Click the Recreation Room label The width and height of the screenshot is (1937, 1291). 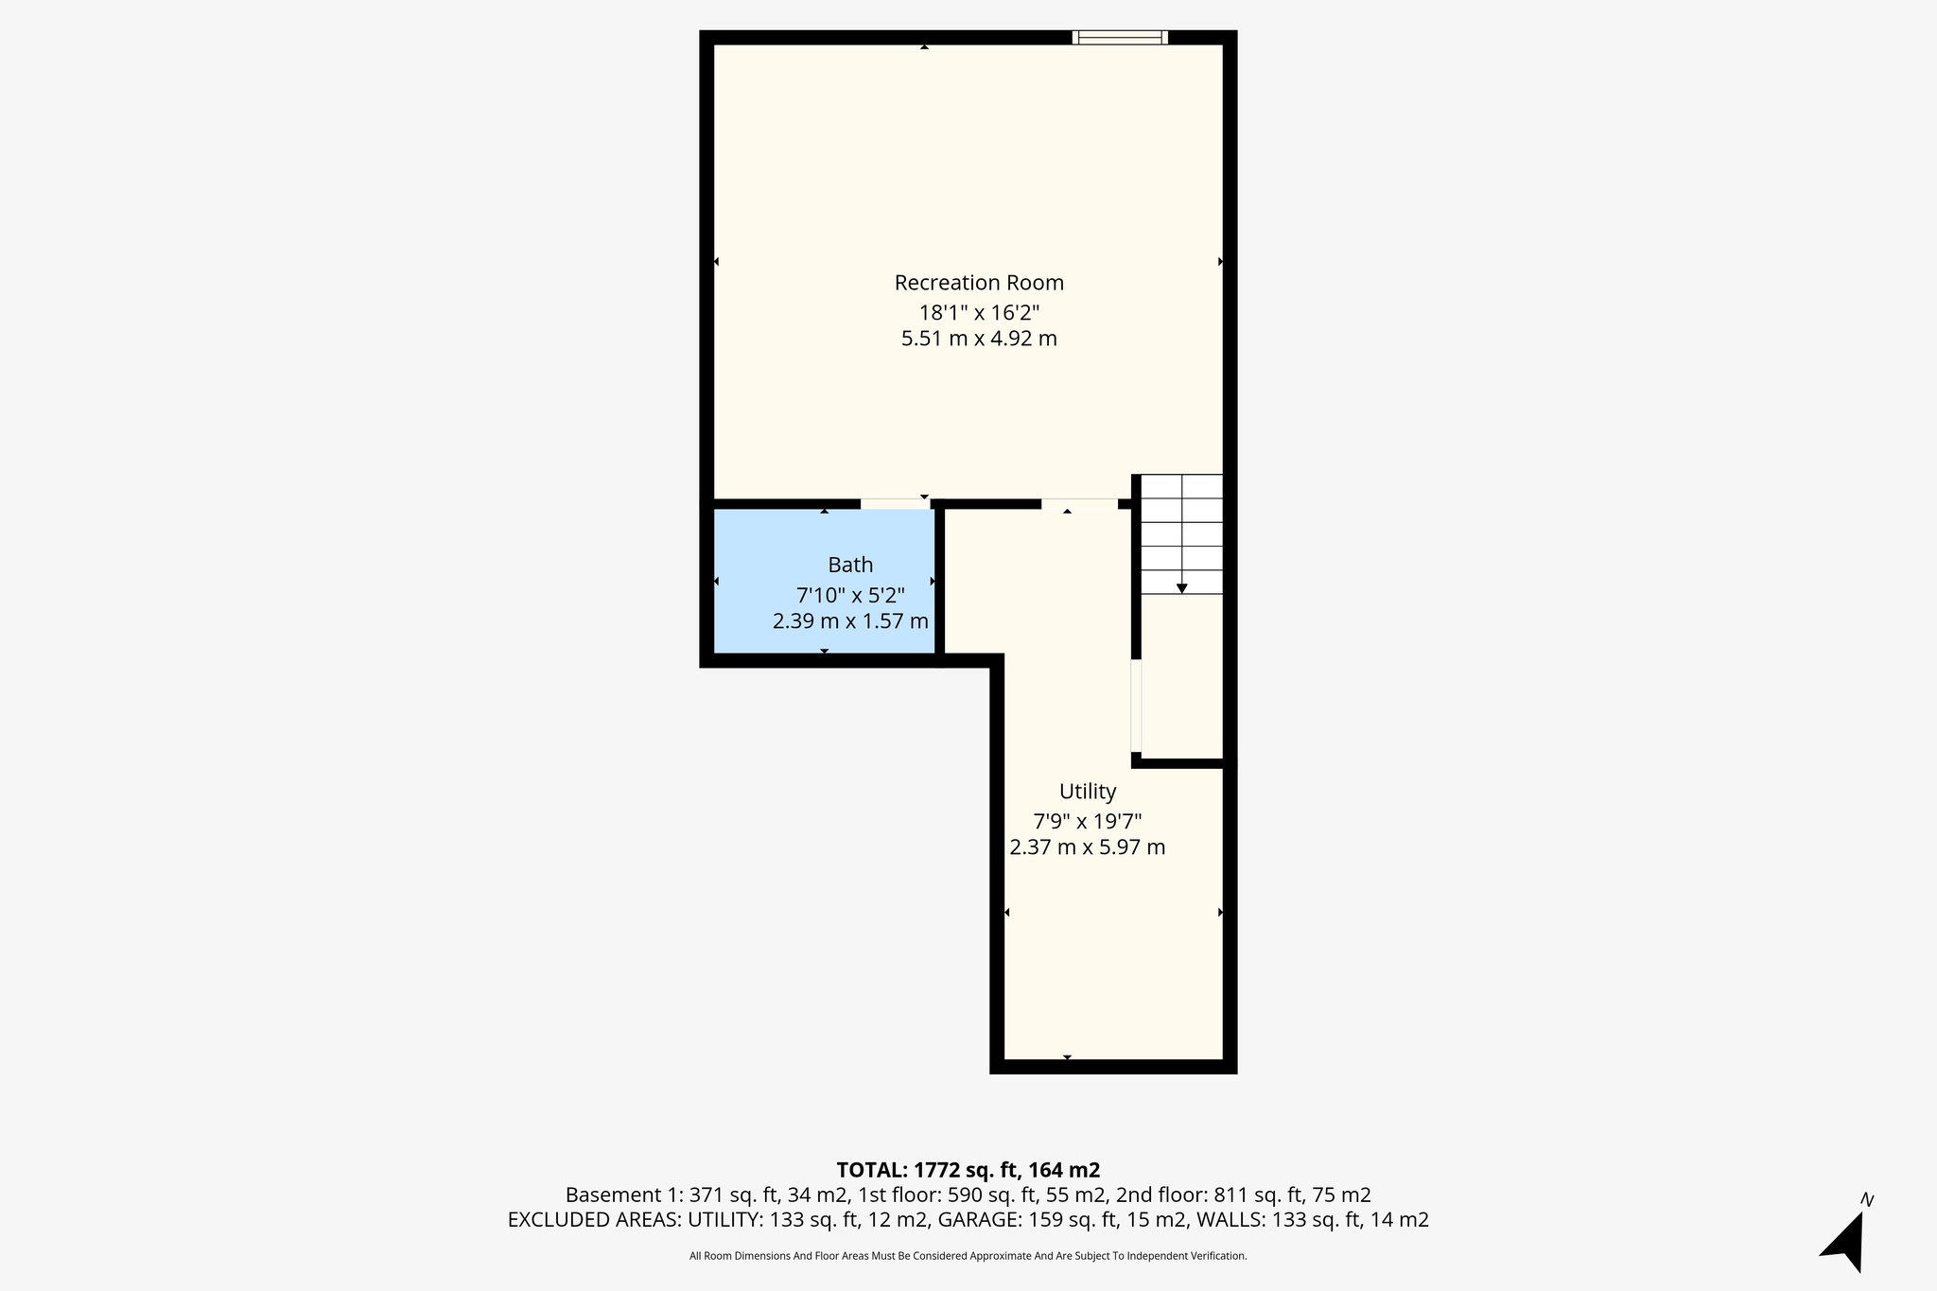tap(979, 283)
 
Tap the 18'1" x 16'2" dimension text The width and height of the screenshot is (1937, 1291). tap(979, 312)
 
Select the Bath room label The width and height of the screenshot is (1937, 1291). tap(850, 566)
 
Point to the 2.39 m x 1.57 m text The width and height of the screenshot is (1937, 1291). tap(850, 621)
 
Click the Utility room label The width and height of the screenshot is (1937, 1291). tap(1088, 792)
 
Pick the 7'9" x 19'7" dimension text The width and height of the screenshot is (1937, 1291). tap(1088, 821)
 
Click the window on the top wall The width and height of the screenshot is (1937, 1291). tap(1120, 38)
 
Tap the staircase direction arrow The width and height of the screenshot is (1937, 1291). tap(1181, 587)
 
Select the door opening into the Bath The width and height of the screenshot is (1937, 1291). tap(895, 504)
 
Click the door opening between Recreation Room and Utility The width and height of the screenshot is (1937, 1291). tap(1079, 504)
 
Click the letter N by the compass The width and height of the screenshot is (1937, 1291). tap(1866, 1200)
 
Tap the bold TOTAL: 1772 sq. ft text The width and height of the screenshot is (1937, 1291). tap(968, 1170)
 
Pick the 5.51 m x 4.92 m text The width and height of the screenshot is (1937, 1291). tap(979, 339)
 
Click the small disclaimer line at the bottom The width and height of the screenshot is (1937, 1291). tap(968, 1256)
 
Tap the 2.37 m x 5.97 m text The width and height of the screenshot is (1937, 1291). tap(1088, 847)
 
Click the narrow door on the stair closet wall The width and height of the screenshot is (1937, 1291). tap(1136, 706)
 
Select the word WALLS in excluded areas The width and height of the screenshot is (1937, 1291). tap(1230, 1220)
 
